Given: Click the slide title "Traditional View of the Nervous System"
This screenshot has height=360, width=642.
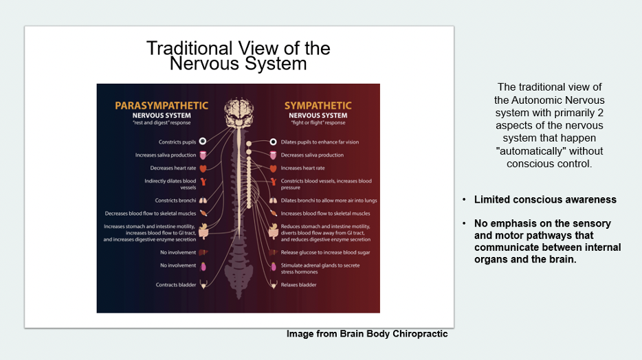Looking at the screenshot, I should (238, 56).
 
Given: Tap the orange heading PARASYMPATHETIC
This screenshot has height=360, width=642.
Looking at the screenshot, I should (161, 105).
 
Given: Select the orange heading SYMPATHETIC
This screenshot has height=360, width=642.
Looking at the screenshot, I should (318, 105).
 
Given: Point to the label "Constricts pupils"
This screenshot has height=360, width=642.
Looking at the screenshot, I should (177, 142).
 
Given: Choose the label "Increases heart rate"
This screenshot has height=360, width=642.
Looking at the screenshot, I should (302, 168).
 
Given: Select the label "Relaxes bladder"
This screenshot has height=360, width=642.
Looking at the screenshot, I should (298, 284).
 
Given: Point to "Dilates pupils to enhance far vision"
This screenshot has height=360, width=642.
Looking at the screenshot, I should (320, 142).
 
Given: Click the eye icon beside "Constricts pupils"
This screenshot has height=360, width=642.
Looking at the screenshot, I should (203, 142).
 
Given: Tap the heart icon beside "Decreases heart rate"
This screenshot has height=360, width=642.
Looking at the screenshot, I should (203, 168).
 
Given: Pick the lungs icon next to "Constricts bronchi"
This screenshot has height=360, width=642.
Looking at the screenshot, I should (203, 201).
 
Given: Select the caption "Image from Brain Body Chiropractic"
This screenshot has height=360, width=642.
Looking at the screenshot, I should (367, 334).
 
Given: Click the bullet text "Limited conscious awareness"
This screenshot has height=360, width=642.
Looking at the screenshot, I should (545, 200).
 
